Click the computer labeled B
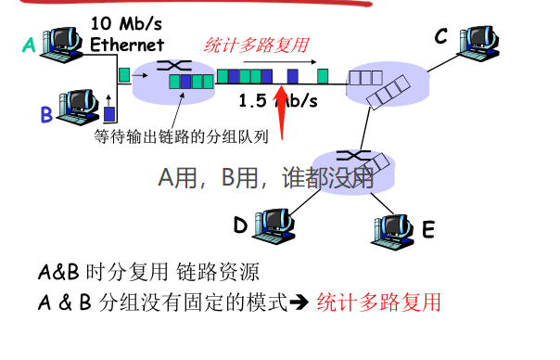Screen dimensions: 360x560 [76, 102]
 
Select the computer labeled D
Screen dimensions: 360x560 [273, 223]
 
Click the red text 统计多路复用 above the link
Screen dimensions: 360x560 [256, 45]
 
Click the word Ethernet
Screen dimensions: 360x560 [126, 44]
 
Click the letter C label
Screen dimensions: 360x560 [441, 35]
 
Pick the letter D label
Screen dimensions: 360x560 [240, 225]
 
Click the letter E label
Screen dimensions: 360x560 [427, 229]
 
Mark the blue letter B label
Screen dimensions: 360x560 [45, 116]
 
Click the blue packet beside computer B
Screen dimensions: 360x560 [108, 113]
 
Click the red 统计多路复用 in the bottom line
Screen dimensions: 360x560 [378, 302]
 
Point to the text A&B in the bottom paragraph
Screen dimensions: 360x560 [58, 273]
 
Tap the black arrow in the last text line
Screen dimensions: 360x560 [301, 303]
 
